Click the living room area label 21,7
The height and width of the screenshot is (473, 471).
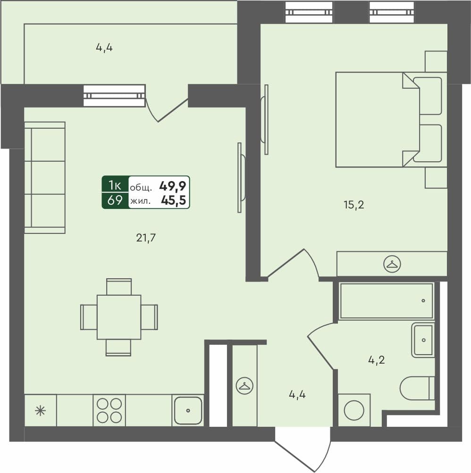[146, 238]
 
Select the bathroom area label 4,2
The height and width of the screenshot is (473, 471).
[377, 360]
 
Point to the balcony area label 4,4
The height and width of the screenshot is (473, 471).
[104, 47]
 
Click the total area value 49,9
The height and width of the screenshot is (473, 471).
[172, 186]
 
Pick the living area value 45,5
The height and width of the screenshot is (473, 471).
[173, 201]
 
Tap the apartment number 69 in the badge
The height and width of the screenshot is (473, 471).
[115, 200]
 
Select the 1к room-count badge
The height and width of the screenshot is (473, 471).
[115, 184]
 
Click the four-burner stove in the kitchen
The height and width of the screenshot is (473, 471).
[109, 410]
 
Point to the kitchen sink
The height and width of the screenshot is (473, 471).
[188, 410]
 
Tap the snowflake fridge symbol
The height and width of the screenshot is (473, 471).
[41, 410]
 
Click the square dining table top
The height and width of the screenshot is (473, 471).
[119, 317]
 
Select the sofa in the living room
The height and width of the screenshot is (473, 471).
[44, 177]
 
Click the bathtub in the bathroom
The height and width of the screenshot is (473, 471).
[386, 301]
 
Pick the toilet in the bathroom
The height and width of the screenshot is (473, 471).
[417, 388]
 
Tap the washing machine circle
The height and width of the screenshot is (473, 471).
[354, 410]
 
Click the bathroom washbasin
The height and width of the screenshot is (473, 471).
[423, 340]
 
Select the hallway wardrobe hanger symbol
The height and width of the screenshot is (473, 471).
[244, 386]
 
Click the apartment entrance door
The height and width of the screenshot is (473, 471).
[302, 448]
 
